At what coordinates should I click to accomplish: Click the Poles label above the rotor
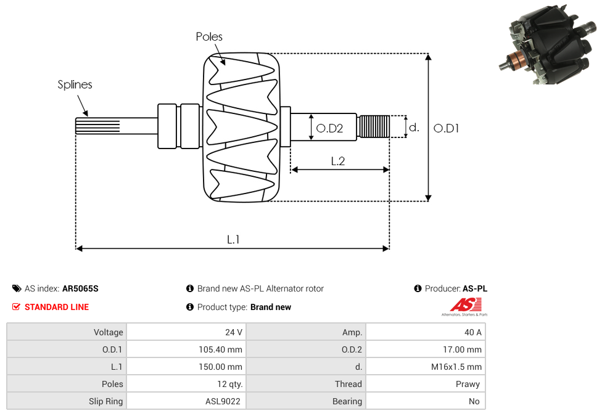(x=209, y=36)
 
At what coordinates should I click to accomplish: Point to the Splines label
(x=75, y=84)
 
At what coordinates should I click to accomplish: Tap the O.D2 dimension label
(x=329, y=128)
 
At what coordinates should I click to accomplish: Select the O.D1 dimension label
(x=446, y=128)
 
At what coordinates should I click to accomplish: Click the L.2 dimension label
(x=338, y=161)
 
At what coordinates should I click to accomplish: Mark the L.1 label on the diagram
(x=233, y=240)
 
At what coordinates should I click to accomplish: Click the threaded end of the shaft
(x=373, y=126)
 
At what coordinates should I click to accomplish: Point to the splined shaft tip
(x=97, y=126)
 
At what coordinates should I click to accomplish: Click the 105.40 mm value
(x=220, y=349)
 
